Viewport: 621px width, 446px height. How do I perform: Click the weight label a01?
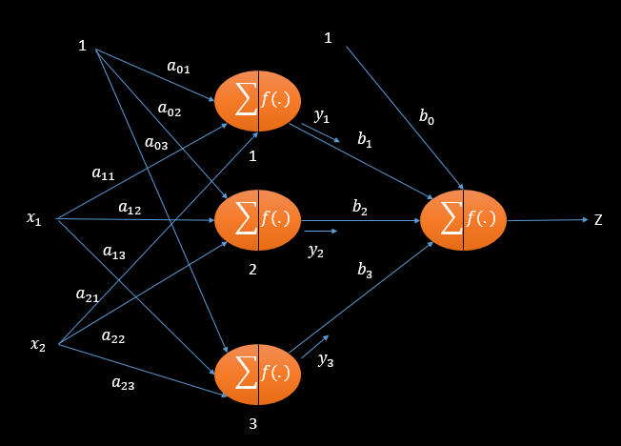pos(178,67)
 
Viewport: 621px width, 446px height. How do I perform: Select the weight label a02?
pos(170,111)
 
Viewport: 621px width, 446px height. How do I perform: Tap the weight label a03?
pos(155,143)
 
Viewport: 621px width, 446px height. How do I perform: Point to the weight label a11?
pos(102,173)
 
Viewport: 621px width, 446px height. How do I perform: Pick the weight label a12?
pos(129,207)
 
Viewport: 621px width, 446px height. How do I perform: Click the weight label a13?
pos(113,253)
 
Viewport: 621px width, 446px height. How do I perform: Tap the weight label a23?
pos(123,383)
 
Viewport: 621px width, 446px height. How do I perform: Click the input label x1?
pos(34,220)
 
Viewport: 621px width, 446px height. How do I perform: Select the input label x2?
pos(38,343)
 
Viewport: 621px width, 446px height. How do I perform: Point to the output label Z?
pos(598,220)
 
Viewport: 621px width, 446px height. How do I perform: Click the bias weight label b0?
pos(428,118)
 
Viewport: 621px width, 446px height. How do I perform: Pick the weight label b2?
pos(359,207)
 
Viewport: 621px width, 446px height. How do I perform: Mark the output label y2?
pos(316,251)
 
